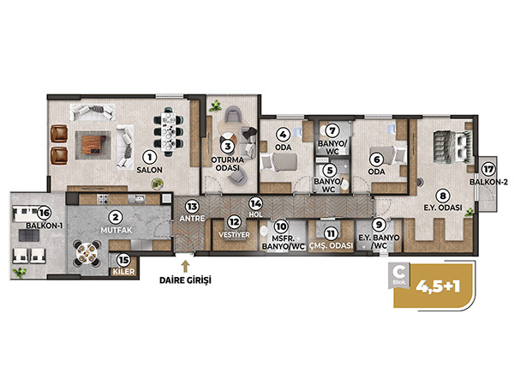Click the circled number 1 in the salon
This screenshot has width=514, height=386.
(x=150, y=158)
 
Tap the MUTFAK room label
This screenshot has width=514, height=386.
(x=117, y=230)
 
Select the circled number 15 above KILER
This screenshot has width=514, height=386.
(x=123, y=260)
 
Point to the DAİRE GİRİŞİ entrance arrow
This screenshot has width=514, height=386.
(x=185, y=266)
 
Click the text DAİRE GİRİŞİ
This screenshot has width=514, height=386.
(x=185, y=280)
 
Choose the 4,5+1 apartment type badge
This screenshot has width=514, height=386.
(x=433, y=286)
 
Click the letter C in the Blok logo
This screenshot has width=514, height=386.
(x=399, y=271)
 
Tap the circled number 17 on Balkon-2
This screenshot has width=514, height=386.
(x=488, y=170)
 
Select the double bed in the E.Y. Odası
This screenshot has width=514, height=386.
(x=452, y=147)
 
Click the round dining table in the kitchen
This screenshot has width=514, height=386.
(x=87, y=252)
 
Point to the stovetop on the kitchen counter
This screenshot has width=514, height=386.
(x=104, y=199)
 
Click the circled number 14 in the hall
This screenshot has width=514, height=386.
(x=255, y=203)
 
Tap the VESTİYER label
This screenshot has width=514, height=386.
(x=234, y=235)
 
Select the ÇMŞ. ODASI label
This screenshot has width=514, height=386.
(x=331, y=245)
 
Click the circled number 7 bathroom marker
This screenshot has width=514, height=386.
(x=332, y=130)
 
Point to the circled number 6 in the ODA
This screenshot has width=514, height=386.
(x=376, y=160)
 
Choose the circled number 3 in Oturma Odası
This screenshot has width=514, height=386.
(x=228, y=146)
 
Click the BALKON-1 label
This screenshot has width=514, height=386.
(x=45, y=226)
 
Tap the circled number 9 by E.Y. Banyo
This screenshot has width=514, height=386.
(x=379, y=225)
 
